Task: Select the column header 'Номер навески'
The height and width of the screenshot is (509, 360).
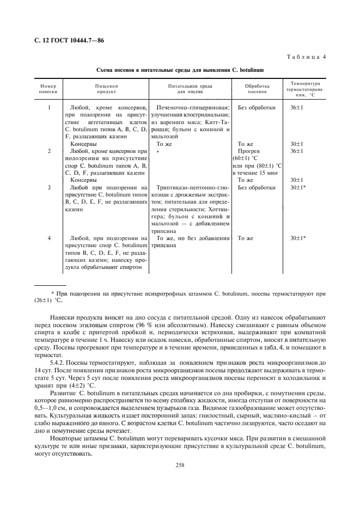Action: click(48, 89)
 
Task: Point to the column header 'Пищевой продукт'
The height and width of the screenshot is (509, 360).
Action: click(106, 89)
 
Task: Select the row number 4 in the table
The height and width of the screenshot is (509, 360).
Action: click(48, 238)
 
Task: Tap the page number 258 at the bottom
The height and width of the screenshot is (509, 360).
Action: click(180, 465)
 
